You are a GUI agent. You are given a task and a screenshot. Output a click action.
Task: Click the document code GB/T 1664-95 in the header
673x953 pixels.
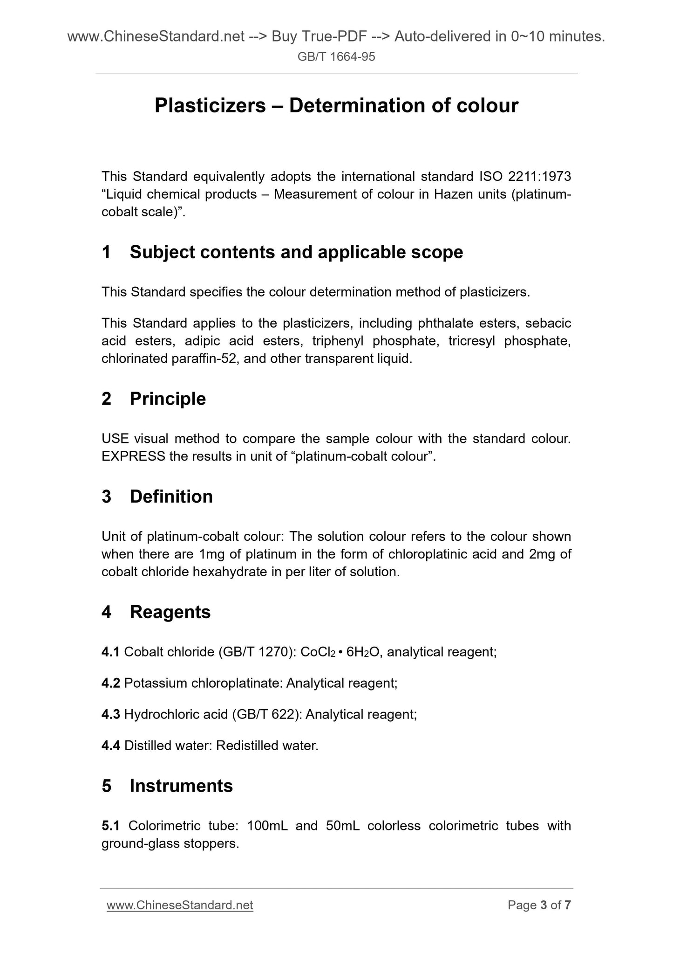tap(336, 57)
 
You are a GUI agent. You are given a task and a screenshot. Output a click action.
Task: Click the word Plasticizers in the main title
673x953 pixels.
tap(210, 106)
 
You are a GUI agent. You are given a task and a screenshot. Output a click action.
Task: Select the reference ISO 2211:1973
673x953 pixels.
tap(525, 177)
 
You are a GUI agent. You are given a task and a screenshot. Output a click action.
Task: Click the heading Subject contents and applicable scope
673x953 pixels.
tap(296, 252)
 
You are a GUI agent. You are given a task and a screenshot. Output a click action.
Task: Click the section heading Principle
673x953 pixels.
tap(168, 399)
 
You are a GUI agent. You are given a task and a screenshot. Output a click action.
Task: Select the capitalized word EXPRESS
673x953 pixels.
tap(133, 456)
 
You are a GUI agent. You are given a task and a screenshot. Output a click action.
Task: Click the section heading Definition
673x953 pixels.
tap(171, 497)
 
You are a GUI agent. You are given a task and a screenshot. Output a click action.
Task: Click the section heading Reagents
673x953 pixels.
tap(170, 612)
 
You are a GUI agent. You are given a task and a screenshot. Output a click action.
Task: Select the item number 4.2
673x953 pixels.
tap(111, 684)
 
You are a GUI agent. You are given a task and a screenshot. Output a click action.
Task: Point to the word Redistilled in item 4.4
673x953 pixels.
tap(247, 746)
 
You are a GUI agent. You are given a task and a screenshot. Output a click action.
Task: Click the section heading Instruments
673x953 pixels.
tap(181, 786)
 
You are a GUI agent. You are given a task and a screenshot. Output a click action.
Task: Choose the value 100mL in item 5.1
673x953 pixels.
tap(267, 826)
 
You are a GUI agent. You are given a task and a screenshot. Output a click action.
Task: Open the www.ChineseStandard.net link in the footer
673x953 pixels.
tap(180, 905)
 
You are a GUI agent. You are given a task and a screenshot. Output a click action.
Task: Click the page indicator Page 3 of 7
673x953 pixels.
tap(539, 905)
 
